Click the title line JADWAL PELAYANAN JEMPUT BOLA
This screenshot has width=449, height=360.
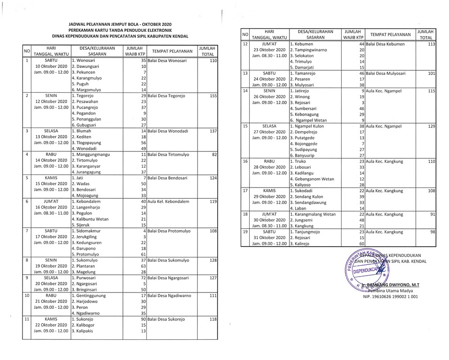click(120, 23)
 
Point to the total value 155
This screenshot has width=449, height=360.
click(213, 96)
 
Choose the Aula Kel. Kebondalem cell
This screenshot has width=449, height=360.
click(168, 201)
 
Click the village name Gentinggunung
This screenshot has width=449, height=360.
click(91, 296)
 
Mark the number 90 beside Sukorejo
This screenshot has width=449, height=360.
click(143, 319)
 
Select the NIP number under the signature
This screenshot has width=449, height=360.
click(391, 297)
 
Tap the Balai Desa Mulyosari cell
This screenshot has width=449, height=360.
click(386, 74)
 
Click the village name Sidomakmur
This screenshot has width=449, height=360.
click(88, 231)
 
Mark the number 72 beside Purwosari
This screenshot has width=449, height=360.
click(143, 277)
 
